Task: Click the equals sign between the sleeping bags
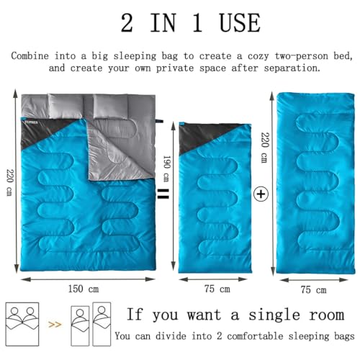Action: pyautogui.click(x=163, y=194)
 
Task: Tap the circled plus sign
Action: pyautogui.click(x=261, y=194)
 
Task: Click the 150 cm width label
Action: pyautogui.click(x=84, y=289)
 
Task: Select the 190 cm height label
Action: pyautogui.click(x=166, y=168)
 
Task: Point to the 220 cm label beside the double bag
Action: pyautogui.click(x=10, y=182)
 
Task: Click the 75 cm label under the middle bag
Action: pyautogui.click(x=217, y=289)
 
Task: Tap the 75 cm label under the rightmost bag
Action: pyautogui.click(x=313, y=289)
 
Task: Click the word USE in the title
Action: pyautogui.click(x=240, y=23)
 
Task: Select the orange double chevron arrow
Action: pyautogui.click(x=55, y=325)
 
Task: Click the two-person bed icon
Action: pyautogui.click(x=22, y=324)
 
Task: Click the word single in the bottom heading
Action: pyautogui.click(x=274, y=315)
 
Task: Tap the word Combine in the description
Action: pyautogui.click(x=30, y=56)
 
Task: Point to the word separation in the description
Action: pyautogui.click(x=292, y=68)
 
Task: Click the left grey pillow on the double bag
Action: pyautogui.click(x=66, y=106)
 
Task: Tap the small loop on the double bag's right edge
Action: pyautogui.click(x=159, y=120)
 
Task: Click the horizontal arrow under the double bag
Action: pyautogui.click(x=88, y=279)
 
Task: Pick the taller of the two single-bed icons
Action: pyautogui.click(x=102, y=324)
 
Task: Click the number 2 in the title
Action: pyautogui.click(x=127, y=23)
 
